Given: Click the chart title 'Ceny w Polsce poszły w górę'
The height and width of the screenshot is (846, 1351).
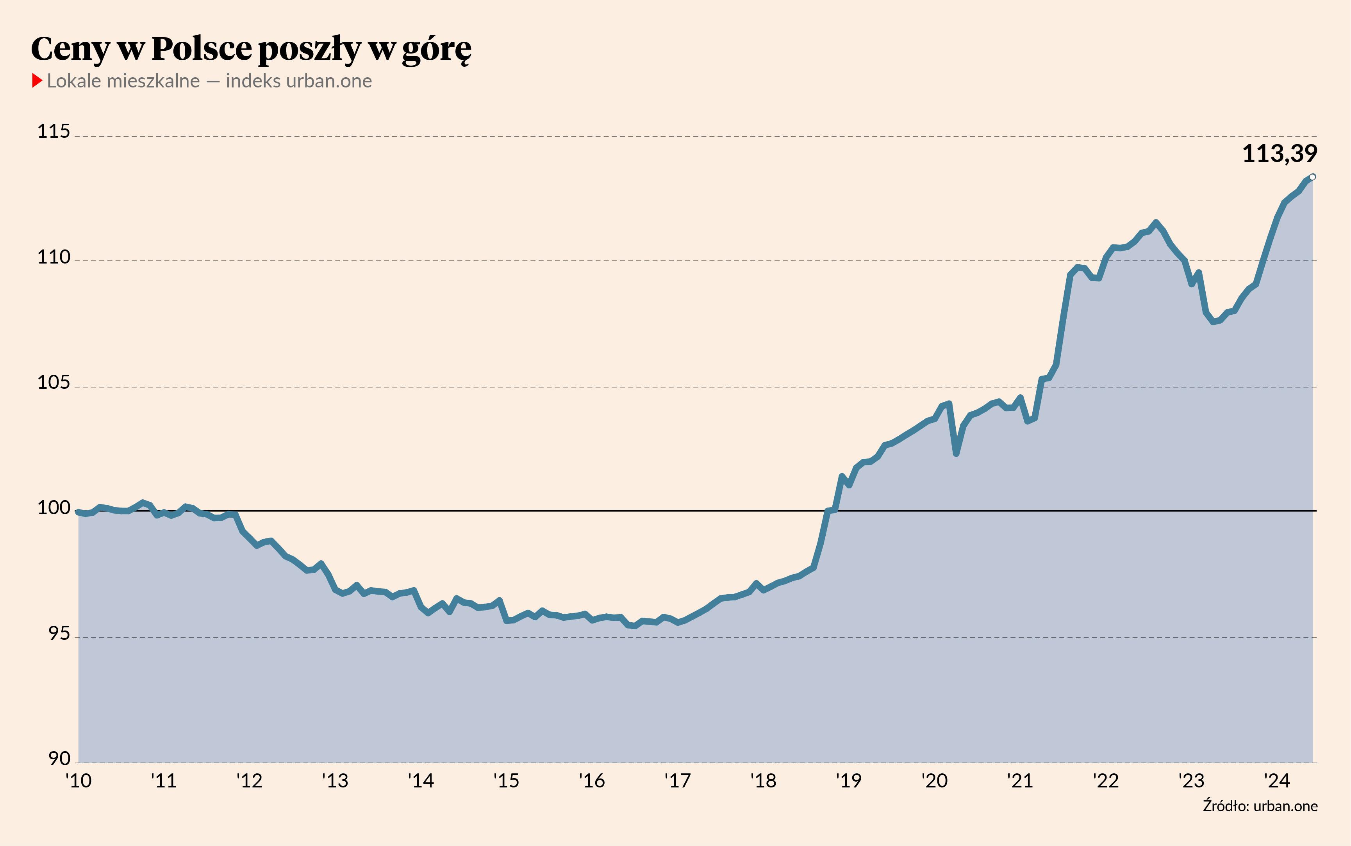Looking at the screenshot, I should pyautogui.click(x=251, y=49).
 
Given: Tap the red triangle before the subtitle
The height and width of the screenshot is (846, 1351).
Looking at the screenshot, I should pyautogui.click(x=37, y=80).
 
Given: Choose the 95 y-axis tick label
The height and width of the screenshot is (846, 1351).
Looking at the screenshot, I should pyautogui.click(x=59, y=634).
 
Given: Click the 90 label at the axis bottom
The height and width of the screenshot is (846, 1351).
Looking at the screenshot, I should pyautogui.click(x=59, y=759).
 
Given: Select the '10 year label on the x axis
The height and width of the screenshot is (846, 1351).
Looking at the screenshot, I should pyautogui.click(x=79, y=780).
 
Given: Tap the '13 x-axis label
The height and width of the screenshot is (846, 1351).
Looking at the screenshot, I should pyautogui.click(x=335, y=780).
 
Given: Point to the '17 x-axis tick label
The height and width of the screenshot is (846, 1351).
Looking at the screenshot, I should pyautogui.click(x=677, y=780).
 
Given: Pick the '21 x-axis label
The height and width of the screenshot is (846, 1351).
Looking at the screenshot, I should pyautogui.click(x=1020, y=780).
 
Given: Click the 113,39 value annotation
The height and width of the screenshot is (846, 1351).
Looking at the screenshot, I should pyautogui.click(x=1280, y=154).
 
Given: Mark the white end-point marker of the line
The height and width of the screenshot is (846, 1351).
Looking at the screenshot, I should pyautogui.click(x=1312, y=177).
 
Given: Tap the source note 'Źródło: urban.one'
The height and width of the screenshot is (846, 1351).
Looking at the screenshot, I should pyautogui.click(x=1260, y=806).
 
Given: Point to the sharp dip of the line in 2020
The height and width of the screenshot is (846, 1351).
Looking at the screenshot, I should pyautogui.click(x=956, y=454).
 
